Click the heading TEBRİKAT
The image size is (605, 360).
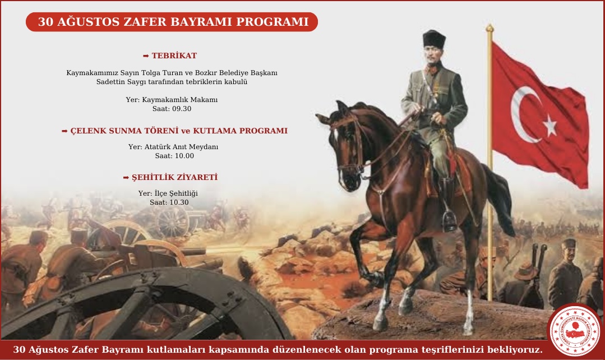click(174, 56)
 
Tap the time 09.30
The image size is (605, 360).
click(182, 109)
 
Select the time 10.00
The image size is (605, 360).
click(184, 156)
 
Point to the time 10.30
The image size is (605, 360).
click(179, 202)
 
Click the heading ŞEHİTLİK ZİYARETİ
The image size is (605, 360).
click(175, 177)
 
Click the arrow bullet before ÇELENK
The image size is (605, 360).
click(64, 131)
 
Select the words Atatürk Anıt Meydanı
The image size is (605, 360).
click(181, 147)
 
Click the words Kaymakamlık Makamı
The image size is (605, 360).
click(180, 100)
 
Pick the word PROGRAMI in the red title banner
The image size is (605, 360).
click(273, 22)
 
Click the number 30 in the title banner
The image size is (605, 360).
click(45, 22)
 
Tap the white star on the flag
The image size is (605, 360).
click(550, 125)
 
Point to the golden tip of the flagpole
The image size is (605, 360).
click(489, 28)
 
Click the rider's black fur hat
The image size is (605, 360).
click(434, 39)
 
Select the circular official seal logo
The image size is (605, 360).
click(575, 330)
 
